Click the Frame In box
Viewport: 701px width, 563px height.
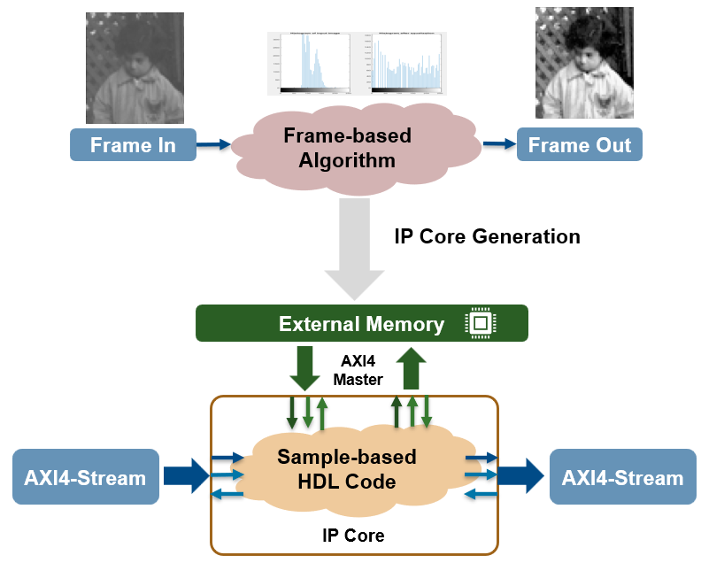click(132, 145)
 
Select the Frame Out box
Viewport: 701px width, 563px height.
click(579, 145)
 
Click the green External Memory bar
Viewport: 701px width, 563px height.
click(361, 324)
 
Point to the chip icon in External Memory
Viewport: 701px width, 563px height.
click(479, 324)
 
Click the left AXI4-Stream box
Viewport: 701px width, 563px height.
click(85, 478)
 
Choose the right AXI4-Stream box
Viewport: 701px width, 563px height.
click(622, 478)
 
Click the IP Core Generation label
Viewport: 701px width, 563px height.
click(487, 236)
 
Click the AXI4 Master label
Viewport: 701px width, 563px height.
click(358, 371)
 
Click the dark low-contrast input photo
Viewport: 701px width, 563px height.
click(135, 68)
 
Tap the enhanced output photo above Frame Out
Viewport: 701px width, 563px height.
click(584, 63)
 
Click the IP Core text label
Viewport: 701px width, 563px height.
click(353, 536)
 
